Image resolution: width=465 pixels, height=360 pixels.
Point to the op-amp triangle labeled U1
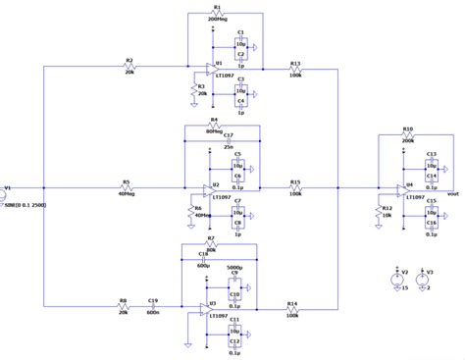(x=202, y=71)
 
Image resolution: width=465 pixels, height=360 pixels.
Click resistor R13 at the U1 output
(x=295, y=70)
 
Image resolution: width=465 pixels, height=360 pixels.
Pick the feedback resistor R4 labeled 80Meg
(x=213, y=126)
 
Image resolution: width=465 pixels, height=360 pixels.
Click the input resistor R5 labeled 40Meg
(x=126, y=188)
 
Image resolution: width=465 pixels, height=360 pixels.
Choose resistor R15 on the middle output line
(x=294, y=188)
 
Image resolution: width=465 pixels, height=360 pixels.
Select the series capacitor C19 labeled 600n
(x=153, y=306)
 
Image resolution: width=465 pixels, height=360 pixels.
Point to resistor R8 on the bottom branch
(x=123, y=306)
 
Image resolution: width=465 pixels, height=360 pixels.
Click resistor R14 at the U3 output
(x=292, y=309)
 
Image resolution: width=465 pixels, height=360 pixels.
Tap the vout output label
(x=452, y=194)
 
